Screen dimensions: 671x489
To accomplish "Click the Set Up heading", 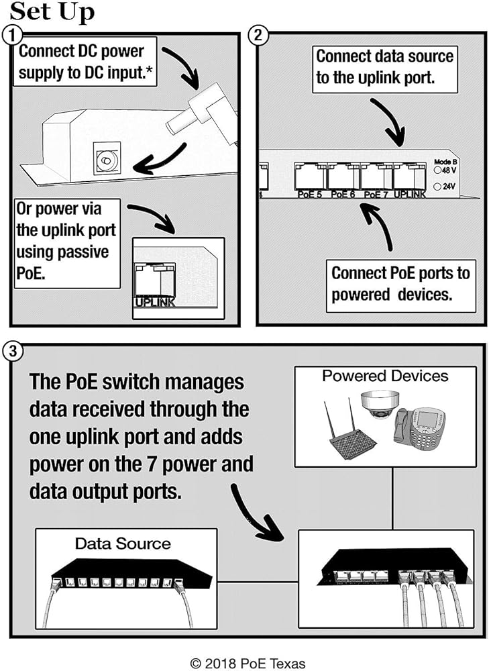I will [52, 11].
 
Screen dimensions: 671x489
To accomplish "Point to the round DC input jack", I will [105, 160].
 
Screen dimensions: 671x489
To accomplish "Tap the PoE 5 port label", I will [309, 195].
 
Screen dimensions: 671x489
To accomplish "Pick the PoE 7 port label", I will [376, 195].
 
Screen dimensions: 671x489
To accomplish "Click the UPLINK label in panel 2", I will [409, 195].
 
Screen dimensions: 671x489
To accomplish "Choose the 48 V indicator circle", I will [437, 170].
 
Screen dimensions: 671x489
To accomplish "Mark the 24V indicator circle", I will [437, 187].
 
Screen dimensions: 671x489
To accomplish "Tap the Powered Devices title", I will [385, 376].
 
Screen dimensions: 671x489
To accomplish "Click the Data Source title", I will [122, 543].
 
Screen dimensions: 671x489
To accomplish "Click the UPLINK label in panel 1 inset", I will [155, 303].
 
